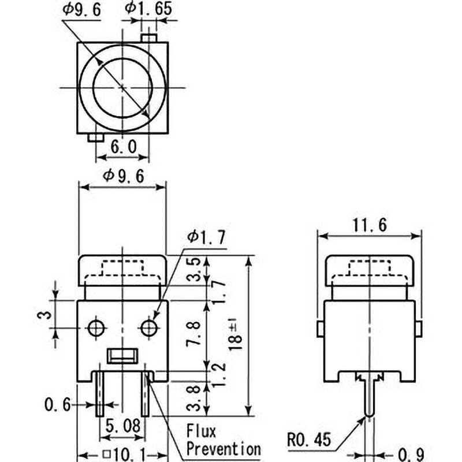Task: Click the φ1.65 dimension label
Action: pos(148,8)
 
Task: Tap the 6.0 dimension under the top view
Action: pos(124,147)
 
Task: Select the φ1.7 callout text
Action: pos(207,237)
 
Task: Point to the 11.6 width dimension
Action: pos(370,225)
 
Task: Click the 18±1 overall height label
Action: pos(236,335)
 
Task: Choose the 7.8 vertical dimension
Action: pos(194,333)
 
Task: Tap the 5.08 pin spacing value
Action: pos(123,426)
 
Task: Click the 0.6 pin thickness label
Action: pos(58,405)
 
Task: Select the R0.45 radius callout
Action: pos(309,440)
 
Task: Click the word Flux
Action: pos(202,431)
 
